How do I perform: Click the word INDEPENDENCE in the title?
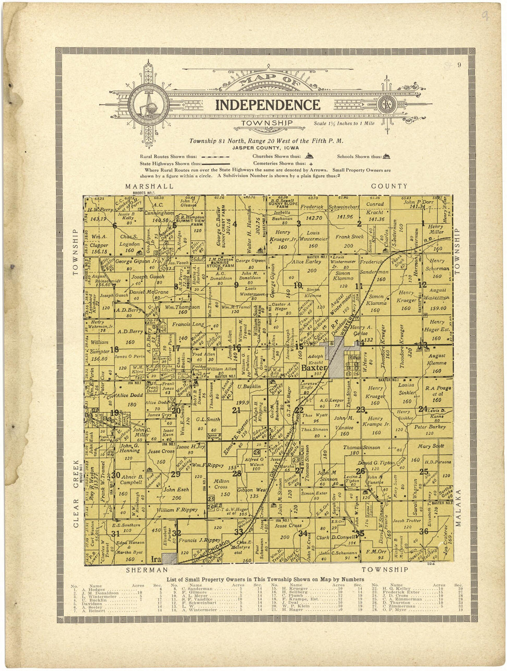[x=268, y=105]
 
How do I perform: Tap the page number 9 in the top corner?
[x=459, y=65]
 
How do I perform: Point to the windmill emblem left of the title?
[x=148, y=105]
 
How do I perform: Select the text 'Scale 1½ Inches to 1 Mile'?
[x=344, y=124]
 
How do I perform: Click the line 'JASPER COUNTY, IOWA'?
[x=265, y=148]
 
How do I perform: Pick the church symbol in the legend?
[x=309, y=156]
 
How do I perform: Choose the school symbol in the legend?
[x=386, y=156]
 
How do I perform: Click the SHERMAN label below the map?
[x=147, y=570]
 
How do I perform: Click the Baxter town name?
[x=314, y=368]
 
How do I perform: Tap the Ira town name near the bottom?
[x=155, y=559]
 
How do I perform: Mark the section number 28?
[x=237, y=473]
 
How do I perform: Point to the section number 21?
[x=236, y=410]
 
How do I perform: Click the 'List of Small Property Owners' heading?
[x=265, y=579]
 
